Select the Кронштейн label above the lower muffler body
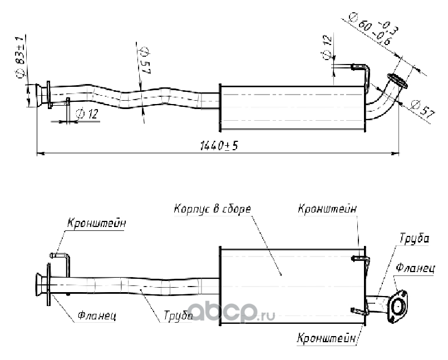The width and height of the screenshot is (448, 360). click(x=327, y=209)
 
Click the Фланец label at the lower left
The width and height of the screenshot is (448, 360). click(x=96, y=316)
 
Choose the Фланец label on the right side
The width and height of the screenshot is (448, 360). click(x=415, y=268)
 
